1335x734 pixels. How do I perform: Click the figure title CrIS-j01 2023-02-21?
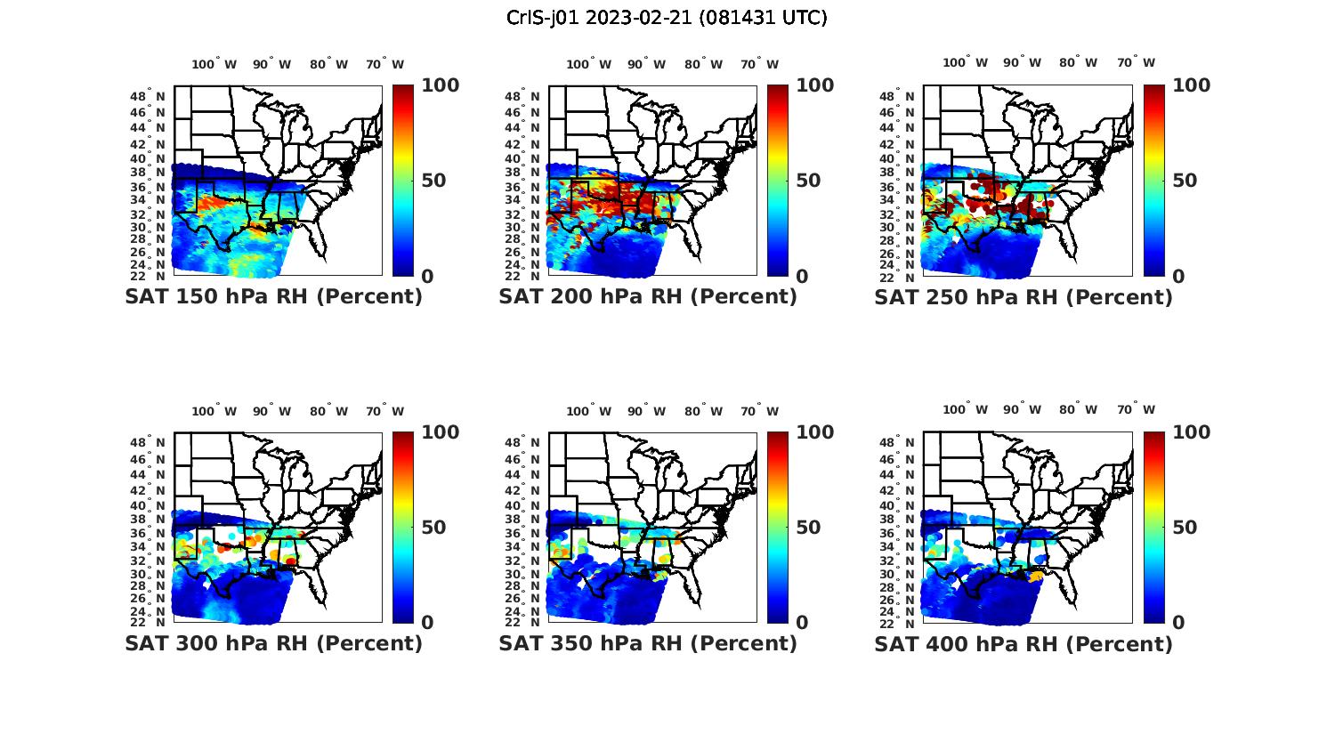(x=667, y=18)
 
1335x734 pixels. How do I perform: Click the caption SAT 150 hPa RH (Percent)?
(x=273, y=297)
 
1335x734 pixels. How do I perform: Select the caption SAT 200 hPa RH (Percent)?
(x=648, y=297)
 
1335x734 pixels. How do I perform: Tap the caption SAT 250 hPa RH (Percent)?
(x=1023, y=297)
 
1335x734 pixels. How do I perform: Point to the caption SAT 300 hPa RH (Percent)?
(x=273, y=643)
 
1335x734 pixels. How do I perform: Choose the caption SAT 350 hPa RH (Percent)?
(x=648, y=643)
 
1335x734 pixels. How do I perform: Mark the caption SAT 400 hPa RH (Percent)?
(x=1023, y=643)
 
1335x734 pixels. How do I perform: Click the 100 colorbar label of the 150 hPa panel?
(x=440, y=85)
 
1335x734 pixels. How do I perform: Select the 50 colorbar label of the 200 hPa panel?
(x=808, y=181)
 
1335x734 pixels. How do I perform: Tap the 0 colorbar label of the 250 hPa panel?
(x=1178, y=277)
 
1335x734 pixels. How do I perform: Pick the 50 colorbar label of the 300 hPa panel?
(x=433, y=527)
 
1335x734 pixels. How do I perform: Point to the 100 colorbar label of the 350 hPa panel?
(x=814, y=432)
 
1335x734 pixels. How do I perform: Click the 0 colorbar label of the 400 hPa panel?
(x=1178, y=623)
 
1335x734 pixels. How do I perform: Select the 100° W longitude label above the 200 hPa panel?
(x=588, y=64)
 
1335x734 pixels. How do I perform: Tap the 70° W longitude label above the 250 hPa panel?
(x=1136, y=62)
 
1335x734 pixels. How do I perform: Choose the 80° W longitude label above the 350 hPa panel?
(x=704, y=411)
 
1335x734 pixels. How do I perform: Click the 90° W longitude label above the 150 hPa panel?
(x=271, y=64)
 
